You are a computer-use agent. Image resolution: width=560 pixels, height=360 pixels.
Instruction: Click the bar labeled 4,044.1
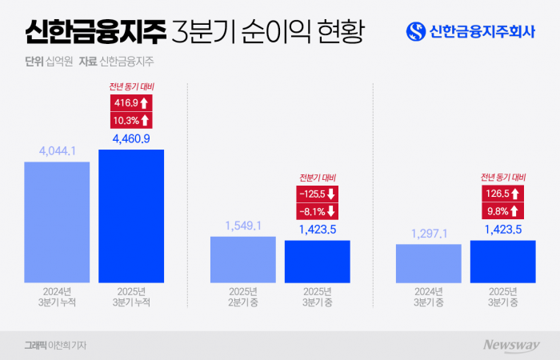[x=57, y=222]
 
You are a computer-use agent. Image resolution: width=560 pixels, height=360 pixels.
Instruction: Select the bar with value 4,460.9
[x=131, y=216]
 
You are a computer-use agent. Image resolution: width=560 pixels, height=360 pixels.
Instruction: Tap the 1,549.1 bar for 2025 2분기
[x=243, y=259]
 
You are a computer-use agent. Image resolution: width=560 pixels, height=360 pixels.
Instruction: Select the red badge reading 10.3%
[x=130, y=120]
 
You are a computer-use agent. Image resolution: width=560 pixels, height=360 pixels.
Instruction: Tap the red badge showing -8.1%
[x=318, y=211]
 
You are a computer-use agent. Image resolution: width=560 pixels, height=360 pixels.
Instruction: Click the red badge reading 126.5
[x=503, y=194]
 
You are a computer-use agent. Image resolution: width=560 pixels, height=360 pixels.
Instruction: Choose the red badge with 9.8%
[x=503, y=211]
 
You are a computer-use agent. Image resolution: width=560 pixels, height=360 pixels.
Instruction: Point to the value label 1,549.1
[x=243, y=226]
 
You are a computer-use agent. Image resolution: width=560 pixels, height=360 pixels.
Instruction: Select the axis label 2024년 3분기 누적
[x=57, y=297]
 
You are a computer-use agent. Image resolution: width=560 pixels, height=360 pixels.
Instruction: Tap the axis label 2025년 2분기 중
[x=243, y=297]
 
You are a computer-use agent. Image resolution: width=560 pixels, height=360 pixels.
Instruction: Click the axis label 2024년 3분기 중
[x=429, y=297]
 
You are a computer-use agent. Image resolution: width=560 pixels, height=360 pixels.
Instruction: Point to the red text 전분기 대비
[x=318, y=177]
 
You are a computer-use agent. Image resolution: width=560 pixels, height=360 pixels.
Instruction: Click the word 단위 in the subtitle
[x=35, y=61]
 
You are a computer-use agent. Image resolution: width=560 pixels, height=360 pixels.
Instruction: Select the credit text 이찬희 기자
[x=69, y=345]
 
